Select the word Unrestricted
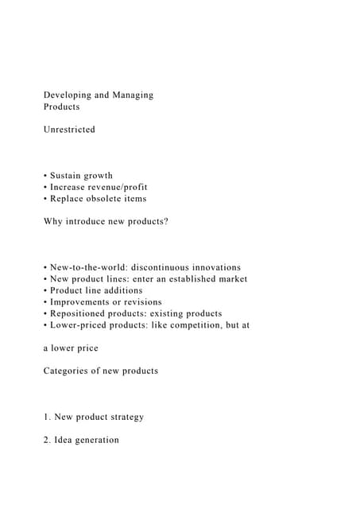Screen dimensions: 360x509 [69, 130]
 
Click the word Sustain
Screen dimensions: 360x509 [67, 176]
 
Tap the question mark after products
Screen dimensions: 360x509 [166, 222]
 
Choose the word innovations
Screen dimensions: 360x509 [217, 267]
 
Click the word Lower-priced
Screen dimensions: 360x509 [82, 325]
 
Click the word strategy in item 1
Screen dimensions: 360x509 [125, 417]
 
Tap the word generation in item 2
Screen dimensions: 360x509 [97, 440]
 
